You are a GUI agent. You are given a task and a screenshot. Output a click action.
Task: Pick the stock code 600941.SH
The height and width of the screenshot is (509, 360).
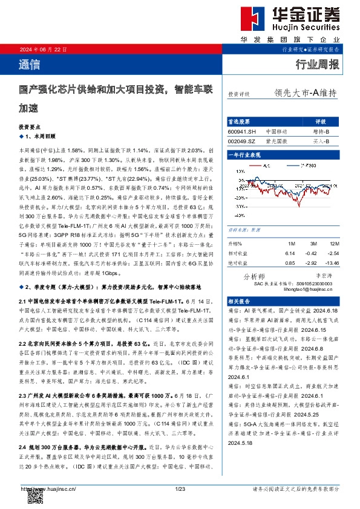pyautogui.click(x=242, y=131)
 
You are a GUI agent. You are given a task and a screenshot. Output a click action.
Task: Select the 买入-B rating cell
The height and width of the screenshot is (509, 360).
pyautogui.click(x=321, y=140)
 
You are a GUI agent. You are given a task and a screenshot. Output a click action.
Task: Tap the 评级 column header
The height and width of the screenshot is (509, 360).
pyautogui.click(x=321, y=122)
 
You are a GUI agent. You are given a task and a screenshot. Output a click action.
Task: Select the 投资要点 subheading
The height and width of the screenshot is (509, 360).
pyautogui.click(x=30, y=128)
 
